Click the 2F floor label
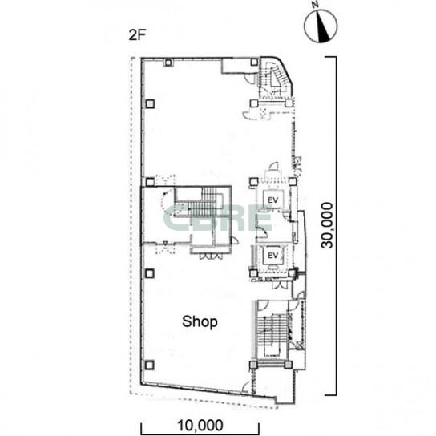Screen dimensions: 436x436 [x=137, y=35]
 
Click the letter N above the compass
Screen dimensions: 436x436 [x=315, y=5]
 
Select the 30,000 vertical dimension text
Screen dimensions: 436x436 [x=326, y=225]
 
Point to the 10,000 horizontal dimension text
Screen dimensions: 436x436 [x=200, y=425]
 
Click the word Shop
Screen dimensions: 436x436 [x=200, y=322]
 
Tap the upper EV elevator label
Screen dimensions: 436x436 [x=272, y=200]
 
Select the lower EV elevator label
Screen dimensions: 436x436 [x=272, y=255]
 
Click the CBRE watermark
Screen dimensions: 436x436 [x=218, y=219]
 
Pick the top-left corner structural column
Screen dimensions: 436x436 [x=168, y=63]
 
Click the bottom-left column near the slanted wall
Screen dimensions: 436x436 [x=150, y=365]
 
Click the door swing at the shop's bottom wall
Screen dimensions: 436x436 [x=245, y=387]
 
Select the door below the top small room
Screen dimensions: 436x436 [x=249, y=78]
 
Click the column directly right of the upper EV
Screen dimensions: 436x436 [x=293, y=182]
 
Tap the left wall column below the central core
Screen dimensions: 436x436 [x=150, y=273]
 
